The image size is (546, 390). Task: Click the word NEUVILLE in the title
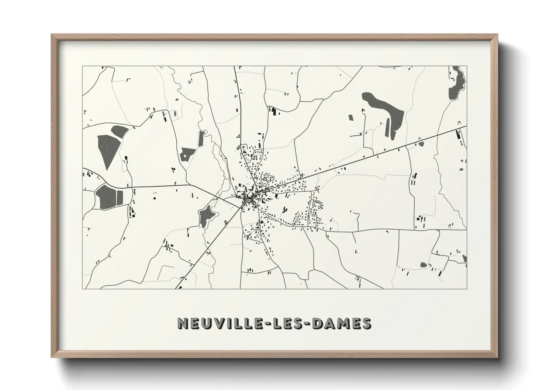point(220,323)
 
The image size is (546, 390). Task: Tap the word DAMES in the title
point(342,323)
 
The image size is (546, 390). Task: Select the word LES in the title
point(288,323)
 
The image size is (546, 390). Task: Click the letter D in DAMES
point(318,323)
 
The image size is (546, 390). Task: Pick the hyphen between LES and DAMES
point(308,324)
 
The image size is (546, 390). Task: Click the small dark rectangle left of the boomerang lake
point(350,118)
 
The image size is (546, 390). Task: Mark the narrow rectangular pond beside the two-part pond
point(120,197)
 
